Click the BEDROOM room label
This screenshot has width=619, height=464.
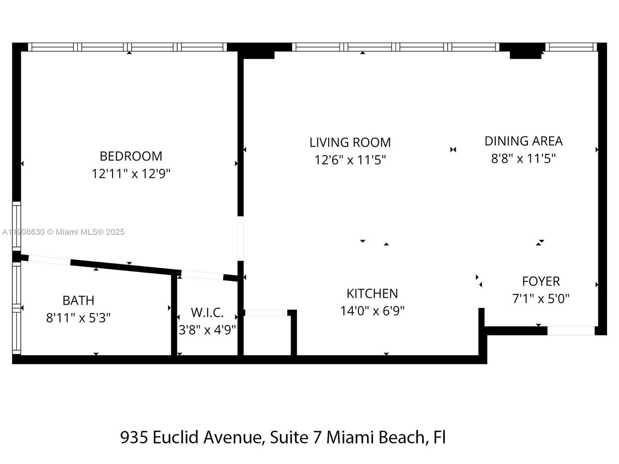131,156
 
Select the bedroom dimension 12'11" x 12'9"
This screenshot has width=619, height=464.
131,174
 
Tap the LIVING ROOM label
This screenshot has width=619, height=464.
350,142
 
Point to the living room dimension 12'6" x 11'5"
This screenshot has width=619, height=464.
350,160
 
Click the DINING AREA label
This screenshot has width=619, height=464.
523,141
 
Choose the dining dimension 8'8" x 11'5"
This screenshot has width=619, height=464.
523,159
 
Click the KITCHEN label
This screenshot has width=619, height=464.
372,293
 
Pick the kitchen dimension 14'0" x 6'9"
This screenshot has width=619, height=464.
372,311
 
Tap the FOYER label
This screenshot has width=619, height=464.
540,281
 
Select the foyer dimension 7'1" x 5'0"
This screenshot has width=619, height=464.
540,299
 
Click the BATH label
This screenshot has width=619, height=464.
78,300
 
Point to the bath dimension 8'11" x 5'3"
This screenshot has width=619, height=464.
78,318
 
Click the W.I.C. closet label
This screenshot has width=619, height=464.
207,312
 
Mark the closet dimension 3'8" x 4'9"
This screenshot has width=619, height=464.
207,330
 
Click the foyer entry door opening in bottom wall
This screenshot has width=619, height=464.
571,331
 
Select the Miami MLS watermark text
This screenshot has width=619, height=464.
63,232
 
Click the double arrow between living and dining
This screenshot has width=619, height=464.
453,150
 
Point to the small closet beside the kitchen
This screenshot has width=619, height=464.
267,334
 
